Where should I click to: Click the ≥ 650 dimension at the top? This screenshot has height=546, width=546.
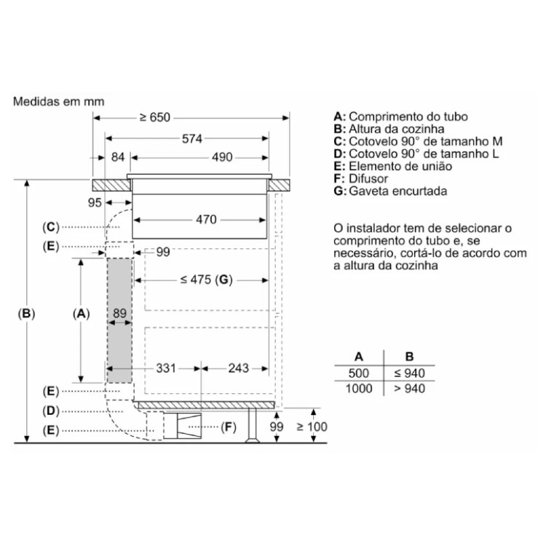155,118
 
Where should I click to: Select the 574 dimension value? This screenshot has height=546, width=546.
192,139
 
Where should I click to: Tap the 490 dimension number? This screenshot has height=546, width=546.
222,157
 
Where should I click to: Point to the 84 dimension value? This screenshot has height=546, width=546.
118,157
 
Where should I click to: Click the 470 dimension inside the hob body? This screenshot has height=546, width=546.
206,220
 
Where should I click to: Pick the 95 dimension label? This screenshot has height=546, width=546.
95,202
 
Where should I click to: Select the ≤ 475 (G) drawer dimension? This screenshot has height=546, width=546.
207,280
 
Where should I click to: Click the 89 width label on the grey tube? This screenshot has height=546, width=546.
119,313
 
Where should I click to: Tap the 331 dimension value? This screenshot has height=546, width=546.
166,368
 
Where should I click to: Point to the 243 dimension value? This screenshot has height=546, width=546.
239,368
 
